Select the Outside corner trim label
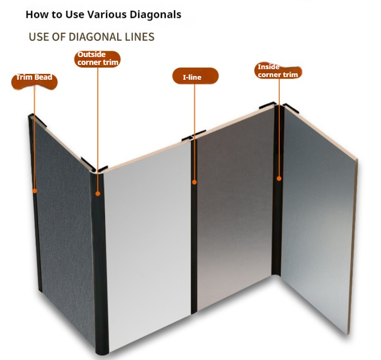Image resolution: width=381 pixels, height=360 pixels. tap(98, 59)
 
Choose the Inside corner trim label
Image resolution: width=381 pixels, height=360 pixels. tap(278, 71)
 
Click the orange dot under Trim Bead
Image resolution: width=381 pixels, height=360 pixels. tap(35, 191)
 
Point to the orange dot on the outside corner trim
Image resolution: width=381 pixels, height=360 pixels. tap(98, 194)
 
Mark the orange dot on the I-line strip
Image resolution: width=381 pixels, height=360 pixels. tap(194, 182)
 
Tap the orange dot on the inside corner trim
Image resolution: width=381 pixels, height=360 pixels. tap(279, 178)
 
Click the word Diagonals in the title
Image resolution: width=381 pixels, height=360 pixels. tap(155, 15)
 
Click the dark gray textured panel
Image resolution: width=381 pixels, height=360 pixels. tap(63, 219)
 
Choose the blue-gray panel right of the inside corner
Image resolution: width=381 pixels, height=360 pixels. tap(318, 219)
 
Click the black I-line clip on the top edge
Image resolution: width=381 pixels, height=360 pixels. tap(194, 136)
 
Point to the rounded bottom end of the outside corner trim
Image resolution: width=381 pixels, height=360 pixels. tap(102, 350)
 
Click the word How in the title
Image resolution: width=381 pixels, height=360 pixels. tap(37, 15)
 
